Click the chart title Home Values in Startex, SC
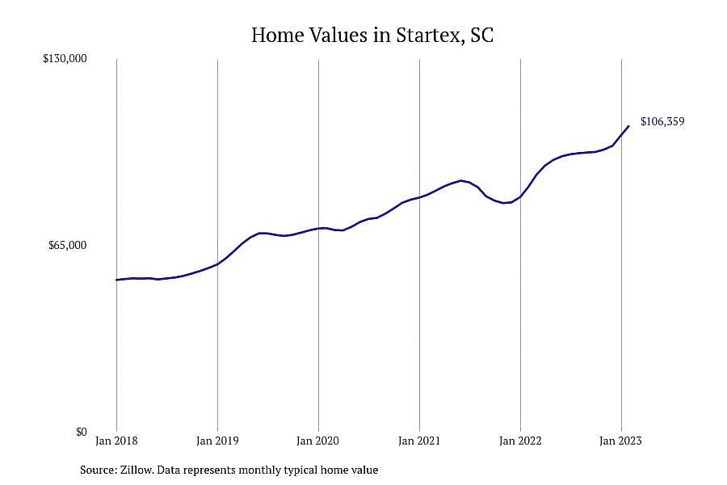(x=372, y=36)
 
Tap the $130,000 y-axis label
(x=65, y=58)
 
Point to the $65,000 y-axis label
(x=68, y=245)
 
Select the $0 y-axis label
(x=81, y=432)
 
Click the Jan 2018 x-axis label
(x=116, y=441)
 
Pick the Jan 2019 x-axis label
(x=217, y=441)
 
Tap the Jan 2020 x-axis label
(x=318, y=441)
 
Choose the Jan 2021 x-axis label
(x=419, y=441)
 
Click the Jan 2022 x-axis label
(x=520, y=441)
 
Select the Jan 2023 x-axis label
(x=621, y=441)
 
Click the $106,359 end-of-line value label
(x=662, y=121)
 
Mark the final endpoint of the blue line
(x=628, y=126)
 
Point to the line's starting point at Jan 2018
(x=116, y=280)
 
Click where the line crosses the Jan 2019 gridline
(x=217, y=264)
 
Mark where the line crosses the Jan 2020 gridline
(x=318, y=228)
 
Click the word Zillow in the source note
(x=137, y=470)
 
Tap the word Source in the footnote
(x=99, y=470)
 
